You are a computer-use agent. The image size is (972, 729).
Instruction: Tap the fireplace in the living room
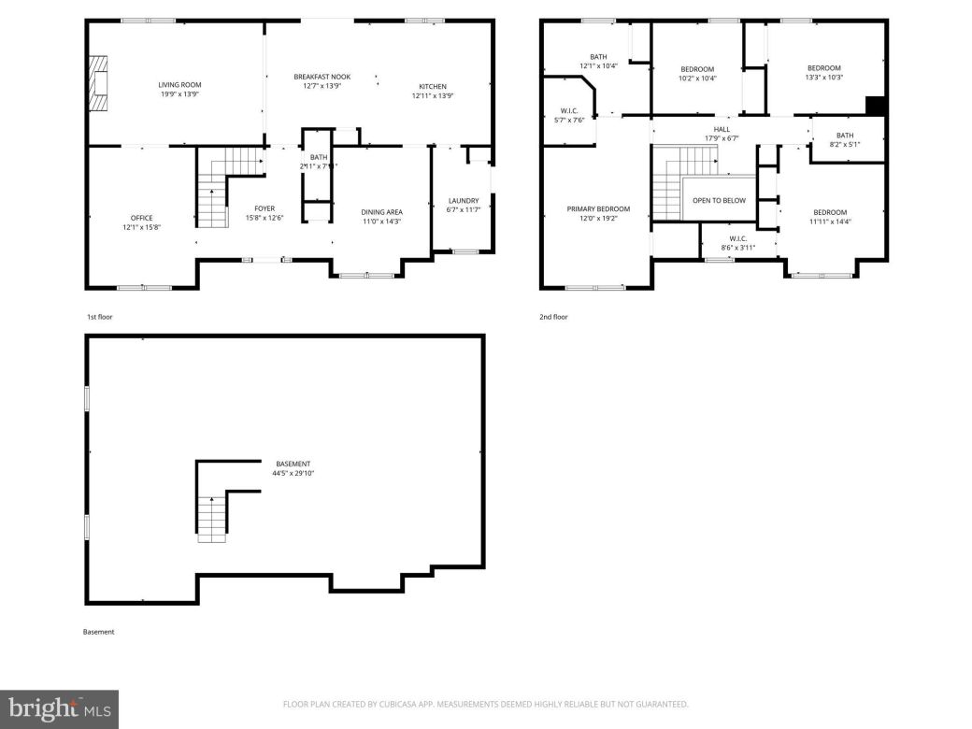coord(98,83)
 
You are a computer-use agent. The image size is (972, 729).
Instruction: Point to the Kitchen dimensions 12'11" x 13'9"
coord(432,95)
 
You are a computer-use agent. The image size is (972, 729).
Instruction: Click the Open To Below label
coord(719,200)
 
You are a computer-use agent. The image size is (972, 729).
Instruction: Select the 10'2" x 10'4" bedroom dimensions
coord(697,79)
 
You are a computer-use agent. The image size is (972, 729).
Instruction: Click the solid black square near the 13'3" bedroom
coord(875,106)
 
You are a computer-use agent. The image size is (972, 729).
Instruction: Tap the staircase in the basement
coord(212,519)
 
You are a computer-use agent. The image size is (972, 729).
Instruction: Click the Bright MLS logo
coord(59,709)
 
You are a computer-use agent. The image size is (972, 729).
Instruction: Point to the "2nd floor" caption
coord(553,317)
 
